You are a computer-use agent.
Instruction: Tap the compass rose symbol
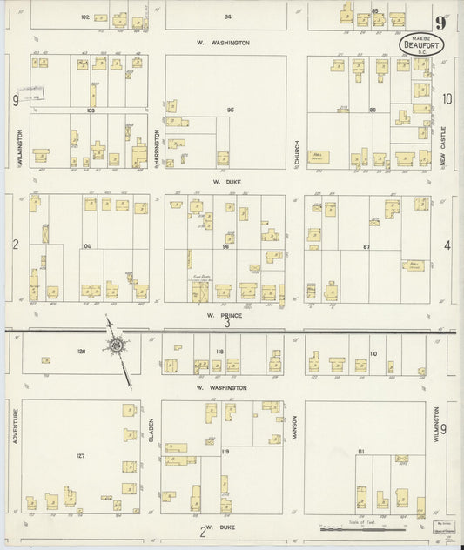[x=116, y=345]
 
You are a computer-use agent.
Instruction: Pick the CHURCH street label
[x=297, y=154]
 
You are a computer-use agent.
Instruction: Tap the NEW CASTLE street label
[x=442, y=147]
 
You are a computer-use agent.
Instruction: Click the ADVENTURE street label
[x=15, y=426]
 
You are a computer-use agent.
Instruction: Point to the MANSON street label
[x=295, y=426]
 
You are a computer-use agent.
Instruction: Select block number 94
[x=227, y=17]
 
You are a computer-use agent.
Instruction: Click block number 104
[x=86, y=246]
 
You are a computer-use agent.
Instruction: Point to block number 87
[x=366, y=247]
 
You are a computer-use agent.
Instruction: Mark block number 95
[x=231, y=111]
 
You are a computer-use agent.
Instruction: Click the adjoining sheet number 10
[x=447, y=99]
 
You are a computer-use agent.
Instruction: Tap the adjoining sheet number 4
[x=447, y=245]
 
